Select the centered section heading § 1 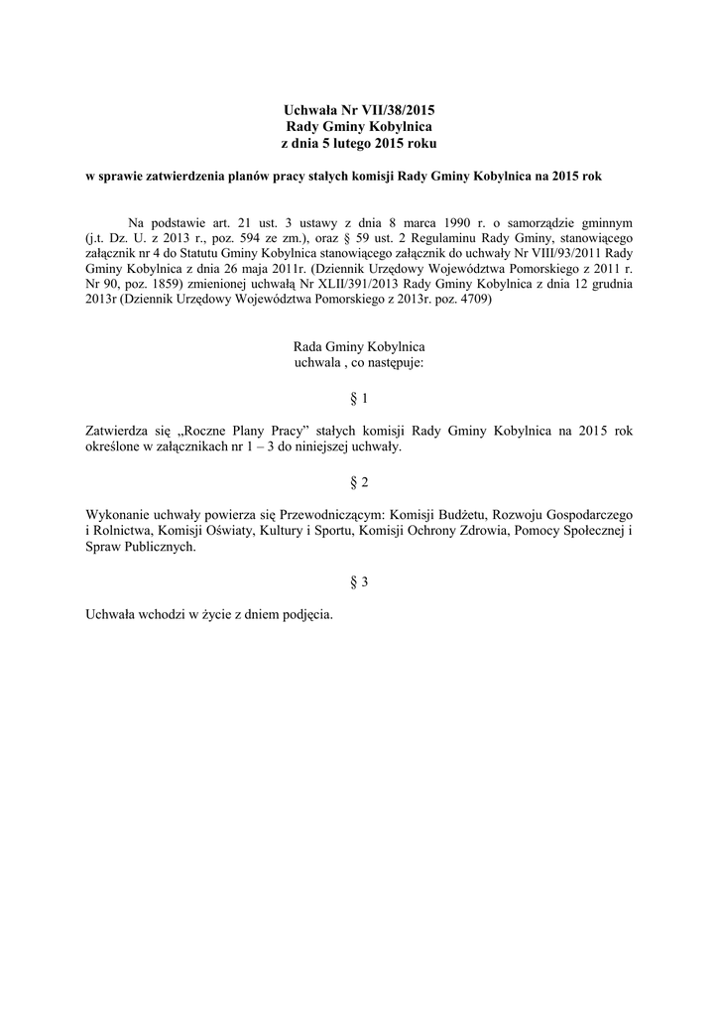point(359,399)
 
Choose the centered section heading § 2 point(359,482)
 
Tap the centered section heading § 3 point(359,582)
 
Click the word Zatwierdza point(118,432)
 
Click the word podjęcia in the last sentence point(303,614)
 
